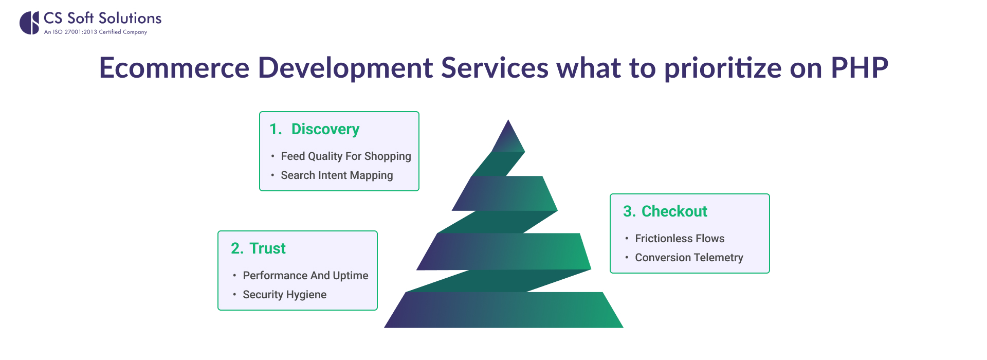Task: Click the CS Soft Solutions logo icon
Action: (29, 23)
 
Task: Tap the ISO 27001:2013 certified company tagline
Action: (96, 32)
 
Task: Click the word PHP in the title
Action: (860, 68)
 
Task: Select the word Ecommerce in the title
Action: (174, 68)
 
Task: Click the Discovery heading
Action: (325, 129)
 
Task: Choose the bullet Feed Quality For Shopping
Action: (346, 156)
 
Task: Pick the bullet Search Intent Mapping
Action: (337, 175)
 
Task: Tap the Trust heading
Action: (267, 248)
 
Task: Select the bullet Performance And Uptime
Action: (305, 276)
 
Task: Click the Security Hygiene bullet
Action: (284, 295)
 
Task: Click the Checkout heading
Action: (674, 211)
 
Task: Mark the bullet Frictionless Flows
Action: (680, 239)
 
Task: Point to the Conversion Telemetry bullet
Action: (689, 258)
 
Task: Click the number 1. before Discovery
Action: (276, 129)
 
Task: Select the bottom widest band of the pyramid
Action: (504, 310)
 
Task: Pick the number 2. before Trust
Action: (237, 248)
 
